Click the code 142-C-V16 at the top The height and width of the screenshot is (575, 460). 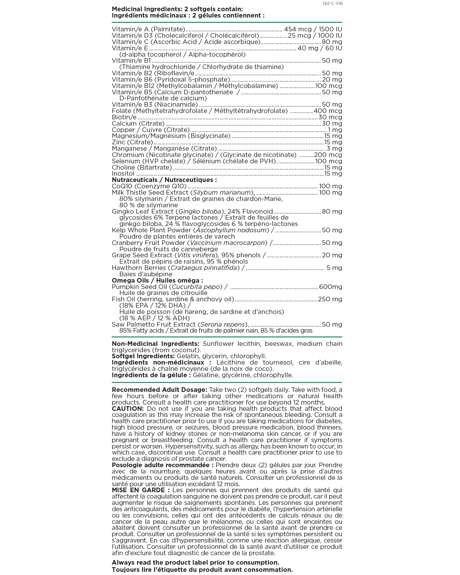(x=333, y=3)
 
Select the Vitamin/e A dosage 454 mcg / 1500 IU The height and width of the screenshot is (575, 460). (x=313, y=29)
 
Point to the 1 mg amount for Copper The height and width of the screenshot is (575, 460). (x=335, y=130)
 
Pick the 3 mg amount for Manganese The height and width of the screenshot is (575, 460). (x=334, y=149)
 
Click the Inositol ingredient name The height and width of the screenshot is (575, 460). (x=123, y=174)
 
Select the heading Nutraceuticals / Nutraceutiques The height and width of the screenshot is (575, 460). (x=164, y=180)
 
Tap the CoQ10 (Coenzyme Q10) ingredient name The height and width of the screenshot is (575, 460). (x=149, y=186)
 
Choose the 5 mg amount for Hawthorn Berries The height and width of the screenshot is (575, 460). (x=334, y=268)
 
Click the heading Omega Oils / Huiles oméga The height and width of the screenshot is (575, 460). (x=157, y=281)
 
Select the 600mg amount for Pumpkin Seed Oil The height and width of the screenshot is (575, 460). (x=331, y=287)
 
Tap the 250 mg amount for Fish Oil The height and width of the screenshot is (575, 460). (x=330, y=299)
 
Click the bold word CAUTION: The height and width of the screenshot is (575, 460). (x=128, y=409)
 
